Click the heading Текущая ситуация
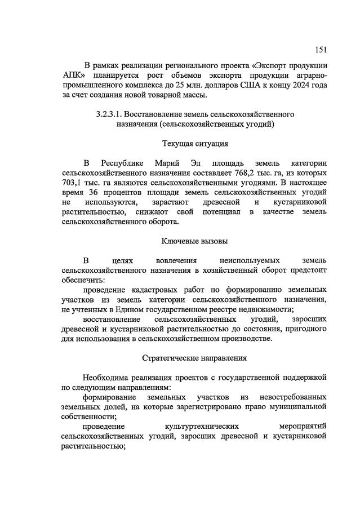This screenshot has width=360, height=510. (194, 144)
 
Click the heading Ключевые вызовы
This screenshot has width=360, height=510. (194, 241)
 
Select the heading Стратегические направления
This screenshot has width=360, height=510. (194, 358)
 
